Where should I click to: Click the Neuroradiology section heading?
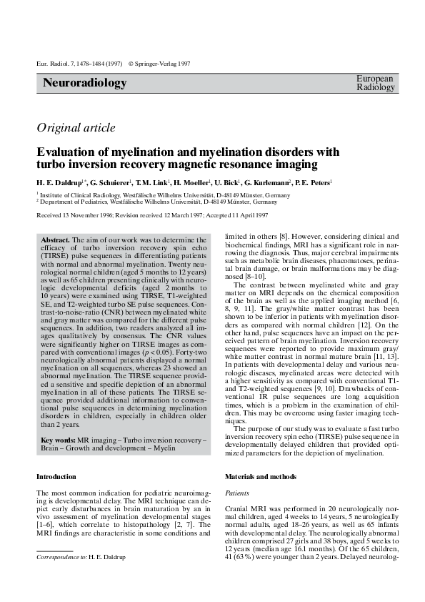pos(85,83)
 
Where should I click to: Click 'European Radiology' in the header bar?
pos(375,83)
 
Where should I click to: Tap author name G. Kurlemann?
pos(269,182)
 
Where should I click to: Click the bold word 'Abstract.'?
pos(56,240)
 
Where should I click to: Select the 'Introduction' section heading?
pos(56,476)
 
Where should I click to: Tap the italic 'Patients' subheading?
pos(237,493)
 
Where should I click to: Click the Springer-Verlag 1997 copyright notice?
pos(159,64)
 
